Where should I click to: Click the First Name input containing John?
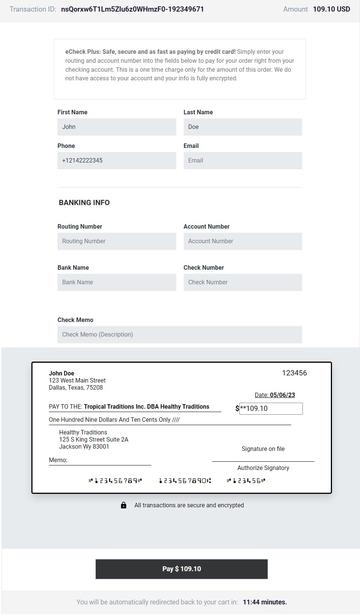click(x=117, y=127)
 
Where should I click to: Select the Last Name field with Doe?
click(x=243, y=127)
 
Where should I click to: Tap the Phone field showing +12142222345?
click(x=117, y=161)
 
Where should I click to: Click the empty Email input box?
click(x=243, y=161)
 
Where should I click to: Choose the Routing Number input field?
click(x=117, y=241)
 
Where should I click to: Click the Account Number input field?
click(x=243, y=241)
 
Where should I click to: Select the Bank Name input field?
click(x=117, y=282)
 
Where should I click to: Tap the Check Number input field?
click(x=243, y=282)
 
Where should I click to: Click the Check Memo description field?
click(x=180, y=335)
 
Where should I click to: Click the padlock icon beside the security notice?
click(x=124, y=505)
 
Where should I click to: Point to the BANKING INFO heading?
click(x=84, y=202)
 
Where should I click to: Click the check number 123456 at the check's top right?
click(x=294, y=373)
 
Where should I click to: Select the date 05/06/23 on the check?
click(x=282, y=395)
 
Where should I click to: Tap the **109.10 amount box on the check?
click(x=271, y=408)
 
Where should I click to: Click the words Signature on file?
click(x=263, y=449)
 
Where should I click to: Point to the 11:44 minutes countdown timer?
click(x=265, y=602)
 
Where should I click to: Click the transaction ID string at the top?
click(x=133, y=9)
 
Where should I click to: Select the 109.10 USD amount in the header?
click(x=331, y=9)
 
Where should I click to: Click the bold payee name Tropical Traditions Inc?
click(x=146, y=406)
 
